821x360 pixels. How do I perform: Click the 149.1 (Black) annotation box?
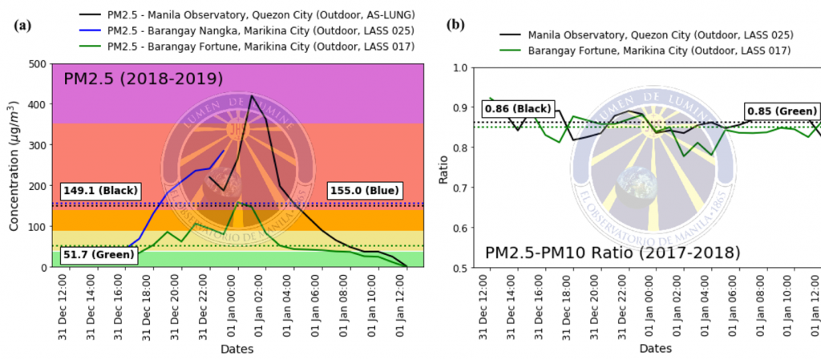[x=101, y=191]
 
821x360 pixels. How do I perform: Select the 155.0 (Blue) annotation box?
[x=365, y=191]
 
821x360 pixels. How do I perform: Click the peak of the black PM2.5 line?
[x=252, y=96]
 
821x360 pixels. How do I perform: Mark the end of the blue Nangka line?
[x=224, y=151]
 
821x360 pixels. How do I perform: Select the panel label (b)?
[x=455, y=25]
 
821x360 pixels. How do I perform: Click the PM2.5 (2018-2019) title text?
[x=144, y=79]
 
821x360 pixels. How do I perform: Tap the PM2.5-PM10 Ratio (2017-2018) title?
[x=613, y=253]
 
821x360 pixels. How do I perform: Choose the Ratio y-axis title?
[x=443, y=166]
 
